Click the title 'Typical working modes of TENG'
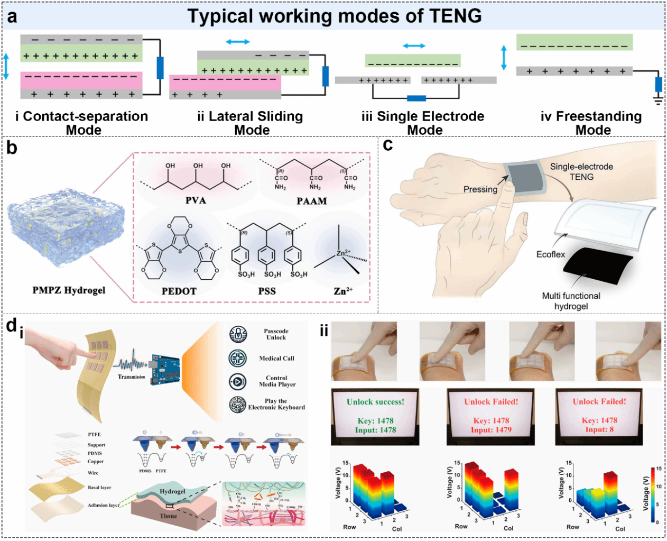335,16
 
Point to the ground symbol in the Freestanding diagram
658,100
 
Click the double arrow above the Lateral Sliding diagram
237,42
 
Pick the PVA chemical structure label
196,200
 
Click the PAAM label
312,201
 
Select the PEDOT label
179,291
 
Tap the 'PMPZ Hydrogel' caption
69,290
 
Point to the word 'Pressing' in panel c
480,189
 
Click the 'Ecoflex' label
551,254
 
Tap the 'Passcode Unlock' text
276,334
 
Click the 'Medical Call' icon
238,358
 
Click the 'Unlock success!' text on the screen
375,402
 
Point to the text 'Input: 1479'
491,430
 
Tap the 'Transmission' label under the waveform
131,377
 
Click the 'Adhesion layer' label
104,505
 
